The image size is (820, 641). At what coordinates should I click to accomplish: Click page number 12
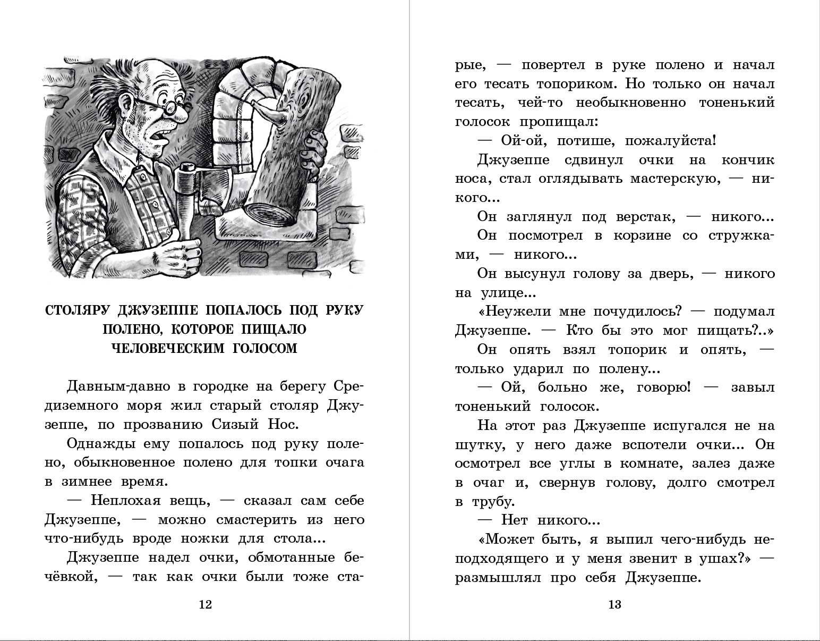tap(205, 604)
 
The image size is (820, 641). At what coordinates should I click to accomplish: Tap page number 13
tap(614, 604)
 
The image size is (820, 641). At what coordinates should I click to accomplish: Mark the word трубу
tap(485, 502)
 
